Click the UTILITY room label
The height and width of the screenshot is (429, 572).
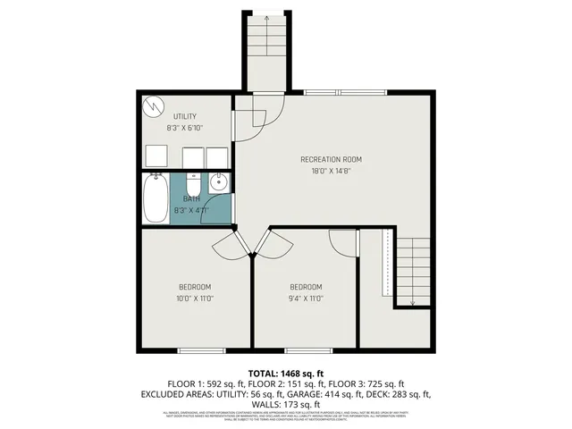click(x=185, y=116)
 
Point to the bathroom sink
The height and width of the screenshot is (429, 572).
click(x=219, y=183)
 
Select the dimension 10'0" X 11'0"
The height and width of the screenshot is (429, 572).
click(x=195, y=299)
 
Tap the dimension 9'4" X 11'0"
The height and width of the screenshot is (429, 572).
click(x=307, y=299)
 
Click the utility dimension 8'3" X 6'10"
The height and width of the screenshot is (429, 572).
click(x=185, y=128)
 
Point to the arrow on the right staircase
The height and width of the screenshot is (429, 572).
click(x=412, y=302)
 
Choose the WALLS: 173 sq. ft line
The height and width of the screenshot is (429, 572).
click(x=285, y=404)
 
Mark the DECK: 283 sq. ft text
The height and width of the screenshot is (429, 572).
click(x=400, y=393)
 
